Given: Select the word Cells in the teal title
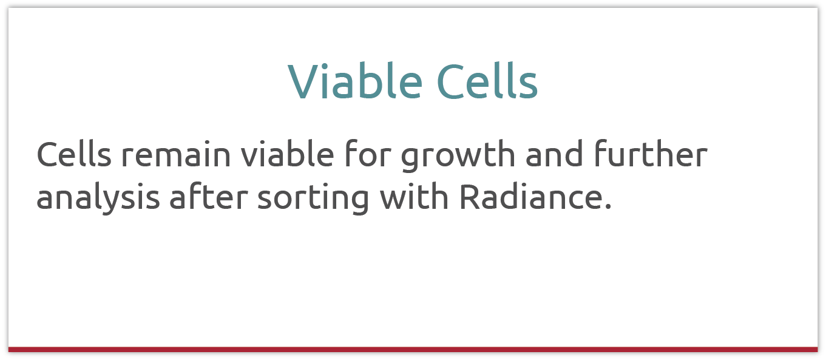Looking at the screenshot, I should (487, 82).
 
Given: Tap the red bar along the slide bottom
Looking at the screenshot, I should (413, 349).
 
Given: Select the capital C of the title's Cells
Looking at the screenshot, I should (451, 82).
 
